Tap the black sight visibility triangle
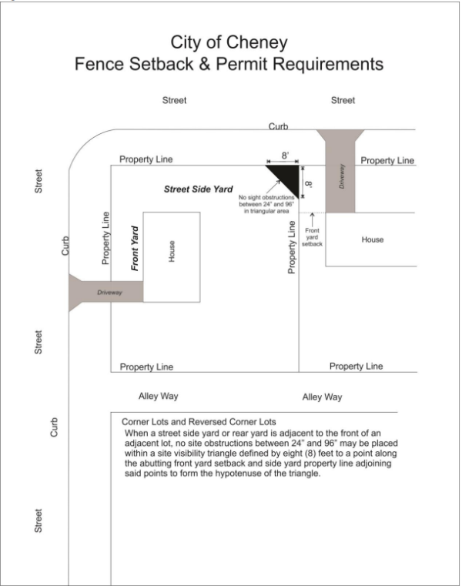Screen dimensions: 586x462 (289, 176)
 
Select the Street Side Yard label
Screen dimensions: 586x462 (198, 189)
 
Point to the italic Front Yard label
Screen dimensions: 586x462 (135, 247)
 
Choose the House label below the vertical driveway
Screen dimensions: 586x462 (372, 239)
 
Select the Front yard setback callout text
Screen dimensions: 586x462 (313, 236)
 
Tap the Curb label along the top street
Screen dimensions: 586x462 (279, 126)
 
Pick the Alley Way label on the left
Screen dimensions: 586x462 (159, 396)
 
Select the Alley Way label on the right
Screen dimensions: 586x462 (322, 397)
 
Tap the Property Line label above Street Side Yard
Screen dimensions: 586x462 (146, 159)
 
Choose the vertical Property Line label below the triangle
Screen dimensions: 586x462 (292, 246)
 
